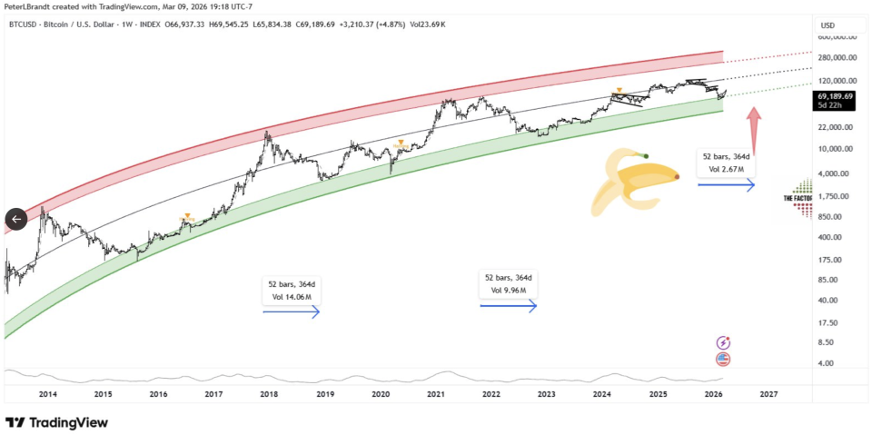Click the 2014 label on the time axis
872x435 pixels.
click(x=47, y=394)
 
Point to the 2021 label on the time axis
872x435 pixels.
click(x=436, y=394)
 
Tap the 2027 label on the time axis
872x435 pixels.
click(x=768, y=394)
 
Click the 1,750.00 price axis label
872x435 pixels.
click(x=834, y=196)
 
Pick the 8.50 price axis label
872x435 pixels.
click(x=826, y=342)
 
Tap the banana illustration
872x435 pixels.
click(x=634, y=183)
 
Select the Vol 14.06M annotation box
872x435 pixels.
click(x=291, y=290)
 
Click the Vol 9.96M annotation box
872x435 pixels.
click(x=509, y=284)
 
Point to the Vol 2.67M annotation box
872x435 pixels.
click(x=726, y=163)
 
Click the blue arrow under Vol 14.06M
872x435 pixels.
click(x=291, y=311)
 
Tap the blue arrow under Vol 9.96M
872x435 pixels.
click(x=509, y=306)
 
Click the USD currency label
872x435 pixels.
click(x=827, y=25)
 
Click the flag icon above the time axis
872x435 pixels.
click(x=724, y=359)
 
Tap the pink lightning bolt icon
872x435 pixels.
click(x=724, y=342)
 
